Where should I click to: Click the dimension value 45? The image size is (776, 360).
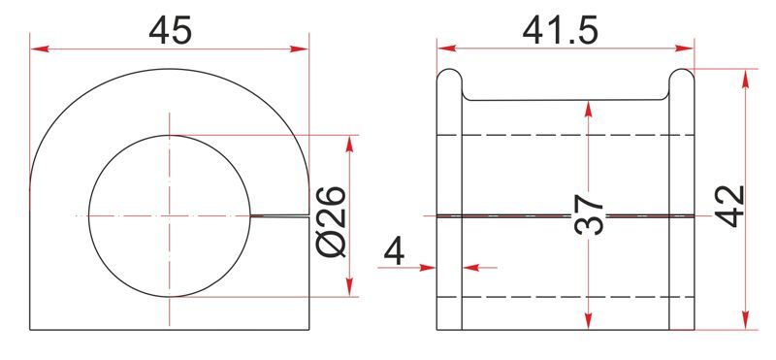coord(169,31)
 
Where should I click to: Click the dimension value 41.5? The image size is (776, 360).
coord(561,31)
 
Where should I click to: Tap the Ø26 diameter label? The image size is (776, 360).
coord(330,221)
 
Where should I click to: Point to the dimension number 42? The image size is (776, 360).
coord(729,206)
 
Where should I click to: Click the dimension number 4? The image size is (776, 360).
coord(394,252)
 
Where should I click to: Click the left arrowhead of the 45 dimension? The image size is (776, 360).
coord(40,49)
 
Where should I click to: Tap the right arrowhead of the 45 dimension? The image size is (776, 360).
coord(300,49)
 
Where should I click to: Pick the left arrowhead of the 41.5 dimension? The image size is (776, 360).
coord(447,49)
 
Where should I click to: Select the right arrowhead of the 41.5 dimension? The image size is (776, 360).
coord(685,49)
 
